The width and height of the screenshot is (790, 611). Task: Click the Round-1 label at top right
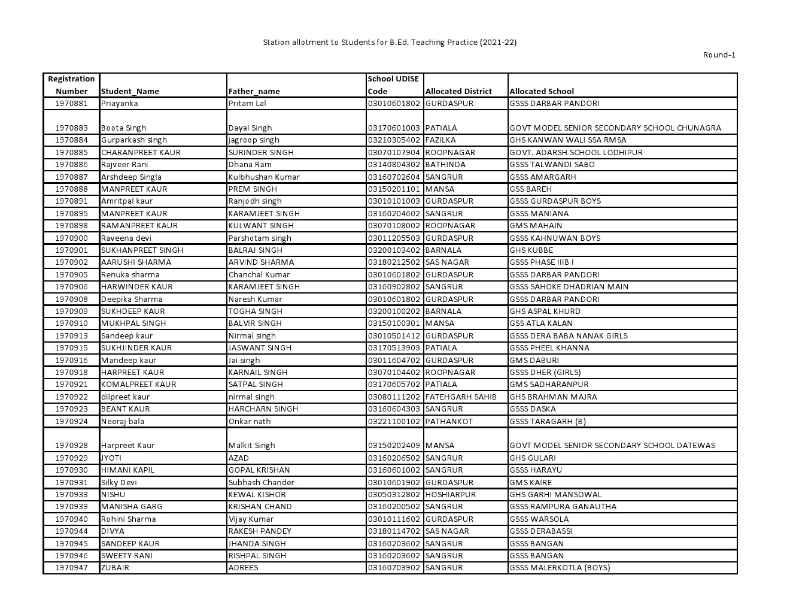(x=719, y=55)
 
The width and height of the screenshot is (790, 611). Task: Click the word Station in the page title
(x=276, y=43)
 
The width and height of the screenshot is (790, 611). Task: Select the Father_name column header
(x=254, y=92)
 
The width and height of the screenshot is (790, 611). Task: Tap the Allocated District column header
(x=458, y=92)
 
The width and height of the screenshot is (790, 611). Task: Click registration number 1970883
(x=71, y=128)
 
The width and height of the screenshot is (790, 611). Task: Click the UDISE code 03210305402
(x=394, y=140)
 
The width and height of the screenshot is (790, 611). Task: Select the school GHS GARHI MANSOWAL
(x=555, y=495)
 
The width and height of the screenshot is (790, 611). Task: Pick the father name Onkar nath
(x=249, y=421)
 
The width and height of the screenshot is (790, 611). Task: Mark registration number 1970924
(x=71, y=421)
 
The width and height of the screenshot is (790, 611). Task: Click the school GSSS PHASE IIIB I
(x=541, y=262)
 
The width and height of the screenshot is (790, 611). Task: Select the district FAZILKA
(x=440, y=140)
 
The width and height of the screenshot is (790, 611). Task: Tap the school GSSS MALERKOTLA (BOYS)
(x=560, y=568)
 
